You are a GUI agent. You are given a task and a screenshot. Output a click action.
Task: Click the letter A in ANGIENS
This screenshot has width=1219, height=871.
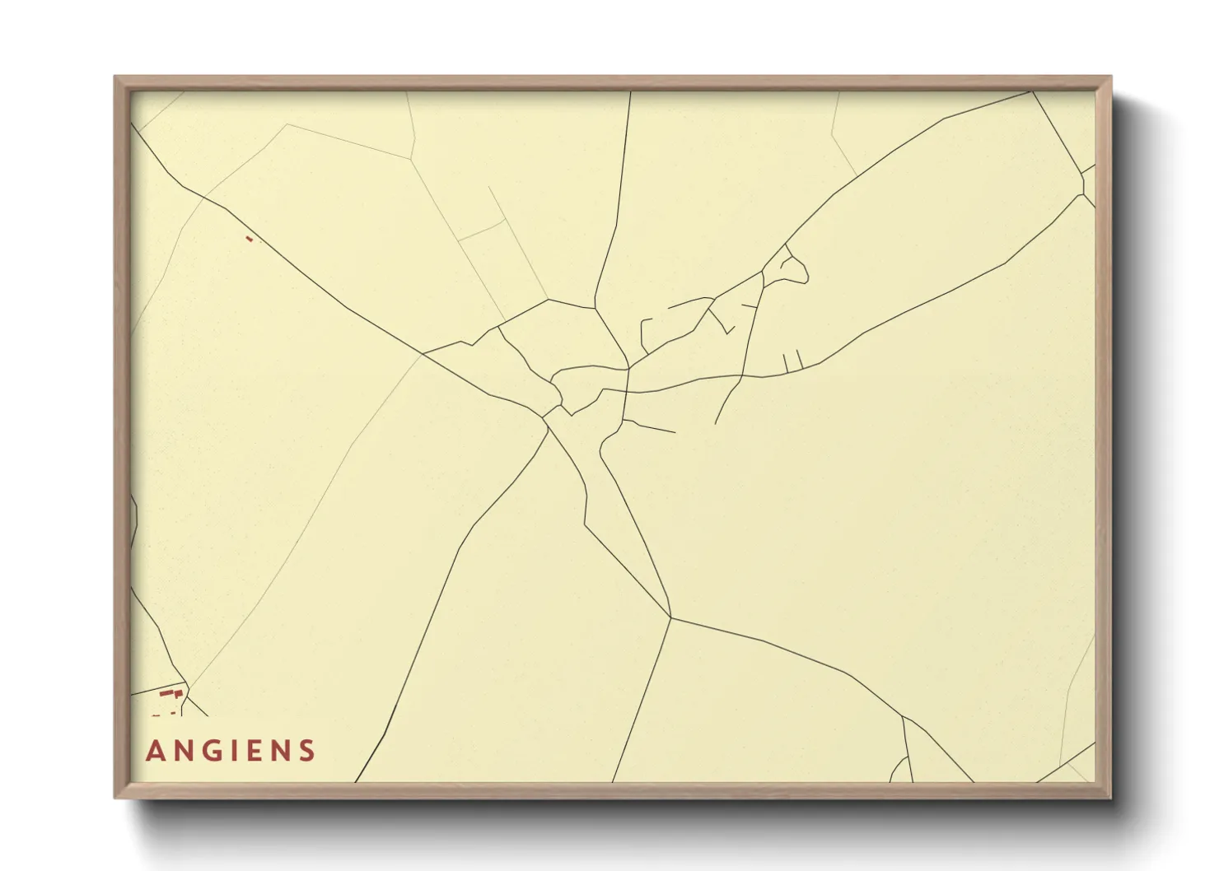[x=154, y=751]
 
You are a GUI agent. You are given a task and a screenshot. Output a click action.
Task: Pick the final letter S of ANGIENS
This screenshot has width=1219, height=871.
[x=307, y=751]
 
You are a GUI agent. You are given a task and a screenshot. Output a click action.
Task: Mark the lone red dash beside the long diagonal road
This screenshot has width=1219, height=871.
[x=249, y=239]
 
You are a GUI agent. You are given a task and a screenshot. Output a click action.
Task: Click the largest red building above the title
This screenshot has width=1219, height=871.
[x=174, y=694]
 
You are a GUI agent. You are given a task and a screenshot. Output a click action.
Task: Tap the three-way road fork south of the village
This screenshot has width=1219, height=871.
[x=671, y=617]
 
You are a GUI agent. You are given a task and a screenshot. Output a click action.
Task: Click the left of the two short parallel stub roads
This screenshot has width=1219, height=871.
[x=787, y=362]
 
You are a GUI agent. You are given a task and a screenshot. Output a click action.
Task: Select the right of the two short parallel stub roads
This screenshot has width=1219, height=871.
[x=799, y=360]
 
